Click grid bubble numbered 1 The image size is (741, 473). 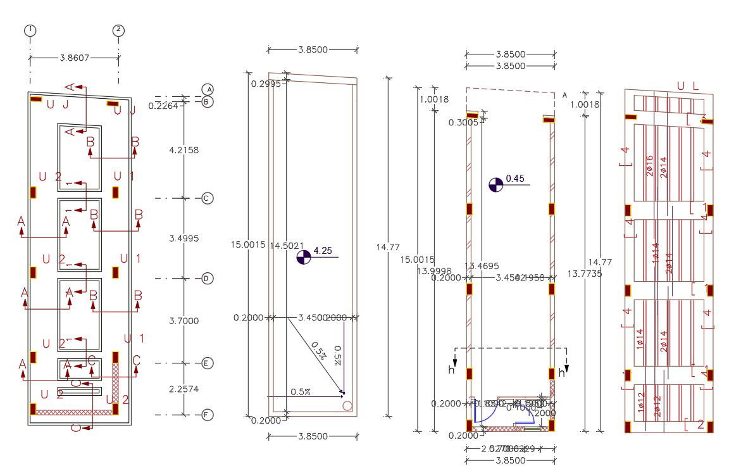(30, 30)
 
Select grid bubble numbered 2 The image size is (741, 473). (118, 30)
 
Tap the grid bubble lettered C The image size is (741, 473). (207, 198)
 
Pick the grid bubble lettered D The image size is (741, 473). (207, 278)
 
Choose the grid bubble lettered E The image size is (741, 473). (207, 363)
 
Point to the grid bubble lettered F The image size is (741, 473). (207, 415)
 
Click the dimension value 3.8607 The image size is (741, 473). (75, 58)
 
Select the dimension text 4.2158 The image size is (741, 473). (184, 150)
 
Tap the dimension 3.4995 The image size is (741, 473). (184, 238)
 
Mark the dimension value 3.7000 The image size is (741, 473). (184, 321)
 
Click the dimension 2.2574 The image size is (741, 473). (184, 389)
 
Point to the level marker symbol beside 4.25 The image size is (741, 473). (304, 256)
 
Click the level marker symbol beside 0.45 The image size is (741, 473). (496, 184)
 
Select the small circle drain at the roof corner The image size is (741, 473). (347, 406)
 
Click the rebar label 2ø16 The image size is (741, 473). (650, 166)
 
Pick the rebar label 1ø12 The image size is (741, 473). (642, 403)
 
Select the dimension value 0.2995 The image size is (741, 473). (266, 84)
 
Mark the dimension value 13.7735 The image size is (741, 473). (584, 274)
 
